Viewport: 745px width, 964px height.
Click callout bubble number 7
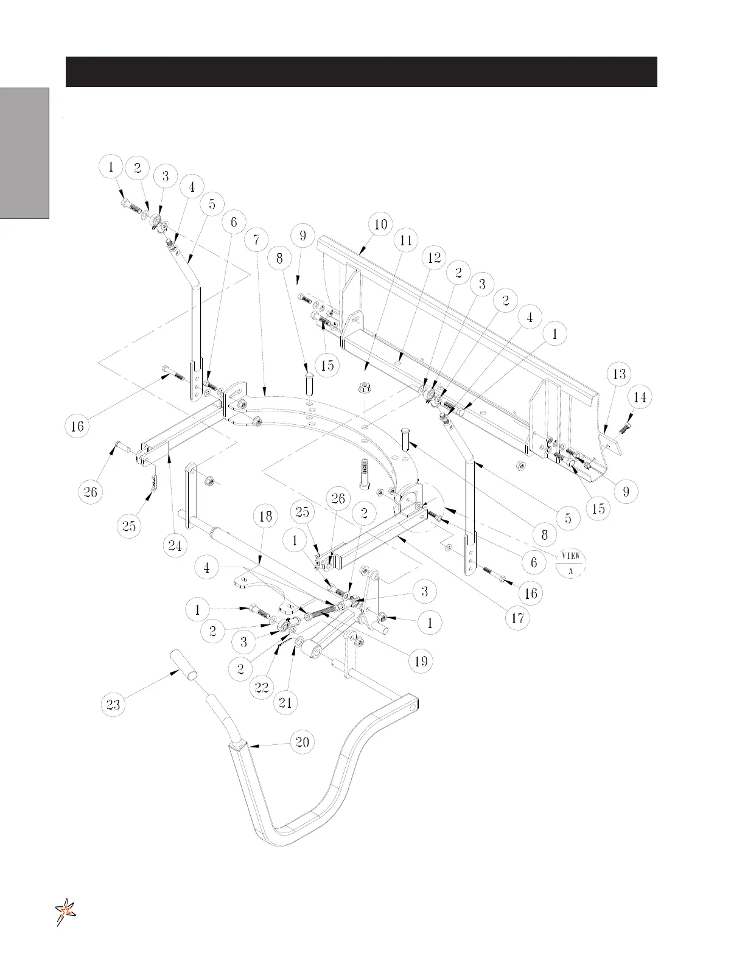[x=257, y=240]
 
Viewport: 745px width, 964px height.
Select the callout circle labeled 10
[x=380, y=224]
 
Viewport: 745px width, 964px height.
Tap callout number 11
[x=406, y=240]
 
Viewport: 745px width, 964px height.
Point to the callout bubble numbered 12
[x=433, y=257]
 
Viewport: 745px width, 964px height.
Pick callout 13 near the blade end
[x=619, y=374]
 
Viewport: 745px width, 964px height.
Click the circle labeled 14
[x=640, y=397]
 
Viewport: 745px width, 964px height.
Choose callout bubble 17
[x=518, y=618]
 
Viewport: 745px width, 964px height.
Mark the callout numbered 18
[x=265, y=516]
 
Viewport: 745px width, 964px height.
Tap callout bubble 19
[x=421, y=661]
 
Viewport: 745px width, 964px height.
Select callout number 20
[x=303, y=742]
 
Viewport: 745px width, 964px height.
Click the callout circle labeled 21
[x=285, y=703]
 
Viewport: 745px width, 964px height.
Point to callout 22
[x=262, y=687]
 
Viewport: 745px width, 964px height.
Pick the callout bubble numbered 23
[x=113, y=705]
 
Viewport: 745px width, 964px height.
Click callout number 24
[x=175, y=546]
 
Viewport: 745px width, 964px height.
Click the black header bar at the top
[x=361, y=72]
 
